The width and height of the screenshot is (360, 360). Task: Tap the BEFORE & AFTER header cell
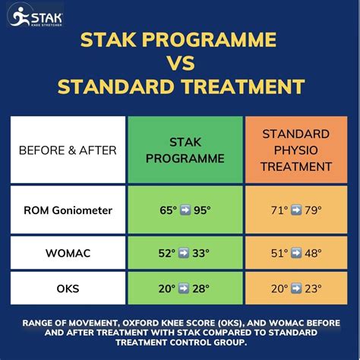[x=68, y=150]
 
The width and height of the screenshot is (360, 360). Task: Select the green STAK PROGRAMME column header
[x=185, y=150]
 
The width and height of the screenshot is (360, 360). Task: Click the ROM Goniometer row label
[x=68, y=209]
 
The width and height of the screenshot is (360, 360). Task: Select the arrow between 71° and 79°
[x=292, y=209]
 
